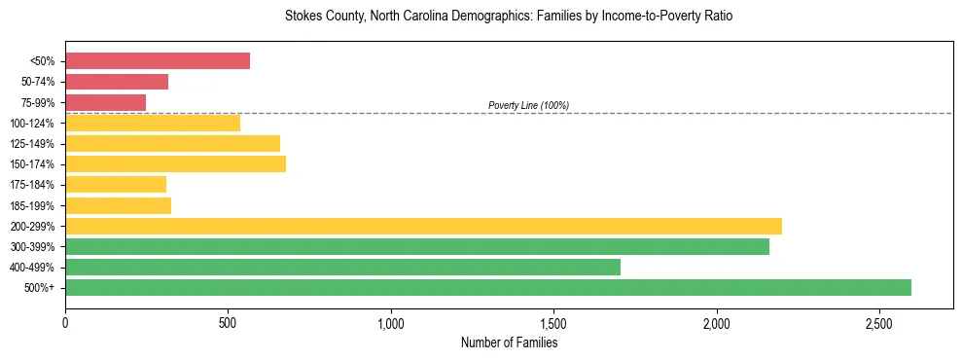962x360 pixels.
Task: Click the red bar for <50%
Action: point(158,61)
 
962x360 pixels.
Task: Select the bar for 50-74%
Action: point(117,82)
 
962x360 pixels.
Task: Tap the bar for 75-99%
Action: point(105,102)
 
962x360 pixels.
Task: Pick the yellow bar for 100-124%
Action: point(153,123)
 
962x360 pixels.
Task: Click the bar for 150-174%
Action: point(175,163)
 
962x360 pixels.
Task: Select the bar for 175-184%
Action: point(116,184)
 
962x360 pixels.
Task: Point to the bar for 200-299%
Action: point(423,226)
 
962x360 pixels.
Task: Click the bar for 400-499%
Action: point(342,267)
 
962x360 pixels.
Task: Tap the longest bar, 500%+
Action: point(488,287)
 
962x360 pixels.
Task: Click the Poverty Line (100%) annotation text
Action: point(528,105)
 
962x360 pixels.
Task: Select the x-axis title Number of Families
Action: point(509,342)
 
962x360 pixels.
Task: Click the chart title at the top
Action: point(509,17)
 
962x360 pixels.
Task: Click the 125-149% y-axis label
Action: point(32,144)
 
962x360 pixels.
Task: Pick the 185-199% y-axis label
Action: point(32,205)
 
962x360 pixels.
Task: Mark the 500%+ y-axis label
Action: point(38,288)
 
